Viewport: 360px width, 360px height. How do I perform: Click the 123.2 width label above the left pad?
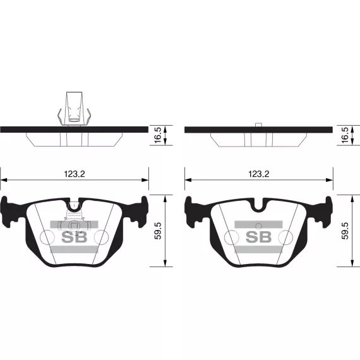tap(75, 174)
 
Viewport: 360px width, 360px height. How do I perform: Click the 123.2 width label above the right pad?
tap(259, 174)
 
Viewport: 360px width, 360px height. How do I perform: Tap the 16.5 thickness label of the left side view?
tap(159, 135)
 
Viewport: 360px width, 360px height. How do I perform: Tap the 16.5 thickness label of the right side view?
tap(345, 135)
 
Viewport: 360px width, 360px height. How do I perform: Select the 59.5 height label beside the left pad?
tap(158, 231)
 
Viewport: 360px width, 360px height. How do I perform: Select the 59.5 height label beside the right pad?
tap(345, 231)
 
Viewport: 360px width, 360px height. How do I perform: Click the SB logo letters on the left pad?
tap(75, 237)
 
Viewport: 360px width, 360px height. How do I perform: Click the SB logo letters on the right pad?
tap(259, 237)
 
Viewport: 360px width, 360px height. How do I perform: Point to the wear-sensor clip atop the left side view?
tap(74, 109)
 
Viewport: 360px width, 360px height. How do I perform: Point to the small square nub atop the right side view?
tap(258, 124)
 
